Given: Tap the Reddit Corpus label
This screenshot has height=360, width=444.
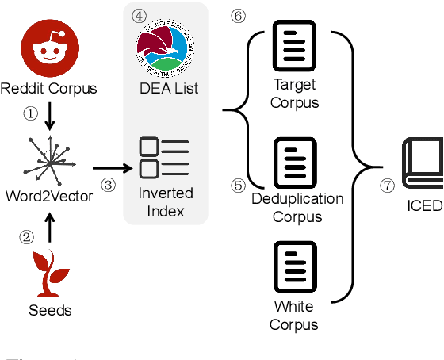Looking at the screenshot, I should pyautogui.click(x=48, y=88).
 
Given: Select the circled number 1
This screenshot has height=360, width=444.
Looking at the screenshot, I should pyautogui.click(x=30, y=114).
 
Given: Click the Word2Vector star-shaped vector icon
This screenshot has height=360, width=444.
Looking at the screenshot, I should pyautogui.click(x=48, y=161).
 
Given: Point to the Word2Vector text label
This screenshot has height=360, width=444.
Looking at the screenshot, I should pyautogui.click(x=48, y=196).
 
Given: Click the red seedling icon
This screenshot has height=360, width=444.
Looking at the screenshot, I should pyautogui.click(x=48, y=274).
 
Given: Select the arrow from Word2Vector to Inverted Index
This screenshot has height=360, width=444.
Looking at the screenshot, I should pyautogui.click(x=112, y=167).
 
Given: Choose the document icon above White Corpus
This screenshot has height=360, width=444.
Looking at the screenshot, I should pyautogui.click(x=294, y=267).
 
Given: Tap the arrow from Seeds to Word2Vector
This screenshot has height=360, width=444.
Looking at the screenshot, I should pyautogui.click(x=48, y=228).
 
